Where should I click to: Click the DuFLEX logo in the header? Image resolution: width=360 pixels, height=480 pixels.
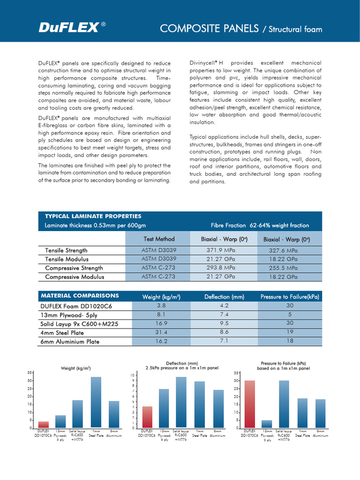[x=68, y=29]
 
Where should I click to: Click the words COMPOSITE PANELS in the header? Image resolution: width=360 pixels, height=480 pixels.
[x=210, y=29]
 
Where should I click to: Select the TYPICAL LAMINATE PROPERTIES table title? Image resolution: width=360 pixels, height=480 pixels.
[x=93, y=216]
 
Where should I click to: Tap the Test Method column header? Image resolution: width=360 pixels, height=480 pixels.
[x=158, y=239]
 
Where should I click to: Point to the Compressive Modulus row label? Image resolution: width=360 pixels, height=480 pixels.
[x=75, y=277]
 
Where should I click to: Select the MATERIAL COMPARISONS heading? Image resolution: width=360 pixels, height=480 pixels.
[x=80, y=296]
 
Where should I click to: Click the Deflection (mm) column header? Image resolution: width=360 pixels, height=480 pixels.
[x=225, y=297]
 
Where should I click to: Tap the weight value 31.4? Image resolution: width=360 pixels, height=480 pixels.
[x=161, y=332]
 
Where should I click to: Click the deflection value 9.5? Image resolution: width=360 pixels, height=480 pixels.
[x=225, y=323]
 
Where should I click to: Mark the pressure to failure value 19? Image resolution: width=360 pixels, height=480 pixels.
[x=289, y=332]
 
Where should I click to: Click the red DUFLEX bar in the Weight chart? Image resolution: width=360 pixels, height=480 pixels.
[x=44, y=425]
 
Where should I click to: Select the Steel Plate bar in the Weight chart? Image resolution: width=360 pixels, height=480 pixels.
[x=96, y=402]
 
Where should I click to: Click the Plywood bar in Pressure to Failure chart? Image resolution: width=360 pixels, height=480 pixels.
[x=267, y=424]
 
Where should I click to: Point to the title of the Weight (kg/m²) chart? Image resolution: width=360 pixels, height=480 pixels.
[x=76, y=368]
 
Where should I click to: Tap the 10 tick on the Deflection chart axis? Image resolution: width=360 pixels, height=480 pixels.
[x=133, y=375]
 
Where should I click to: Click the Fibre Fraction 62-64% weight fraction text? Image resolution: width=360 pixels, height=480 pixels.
[x=260, y=225]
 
